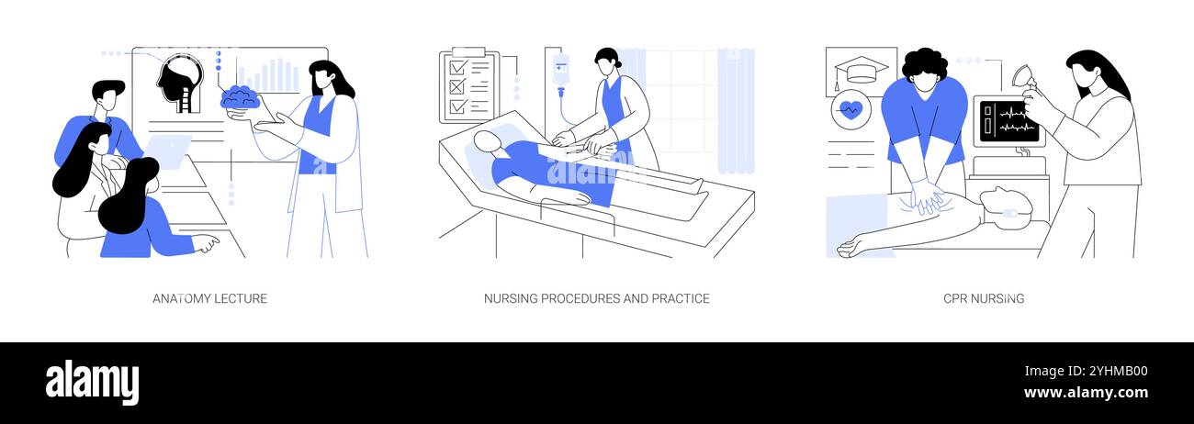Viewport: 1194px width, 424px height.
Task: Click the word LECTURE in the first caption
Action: coord(241,298)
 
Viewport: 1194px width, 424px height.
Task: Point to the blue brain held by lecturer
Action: coord(242,96)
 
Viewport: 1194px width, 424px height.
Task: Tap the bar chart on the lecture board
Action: coord(268,75)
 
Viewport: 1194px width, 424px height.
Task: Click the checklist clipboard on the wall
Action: coord(467,86)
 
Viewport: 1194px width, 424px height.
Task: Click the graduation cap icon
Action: coord(861,71)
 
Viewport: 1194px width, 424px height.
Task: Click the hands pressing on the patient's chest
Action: coord(929,195)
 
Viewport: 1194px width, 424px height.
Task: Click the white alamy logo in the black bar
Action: coord(92,382)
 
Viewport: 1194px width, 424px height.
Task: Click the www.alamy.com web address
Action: coord(1085,394)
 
